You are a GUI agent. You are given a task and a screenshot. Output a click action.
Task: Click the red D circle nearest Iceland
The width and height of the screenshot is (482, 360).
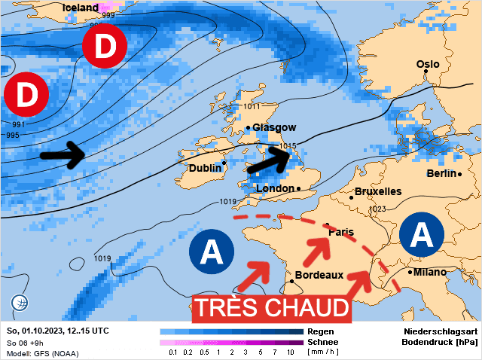point(105,47)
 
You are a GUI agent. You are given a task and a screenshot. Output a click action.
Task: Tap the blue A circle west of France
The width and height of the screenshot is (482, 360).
point(212,250)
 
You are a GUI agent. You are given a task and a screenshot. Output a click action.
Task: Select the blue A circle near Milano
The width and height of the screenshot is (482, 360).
point(424,235)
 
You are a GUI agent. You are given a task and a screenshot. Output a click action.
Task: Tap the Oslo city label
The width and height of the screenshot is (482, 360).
point(428,65)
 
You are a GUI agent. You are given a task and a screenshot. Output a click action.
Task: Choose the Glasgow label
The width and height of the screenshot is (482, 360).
point(275,127)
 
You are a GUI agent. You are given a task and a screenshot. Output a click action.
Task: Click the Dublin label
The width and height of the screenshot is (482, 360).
point(205,168)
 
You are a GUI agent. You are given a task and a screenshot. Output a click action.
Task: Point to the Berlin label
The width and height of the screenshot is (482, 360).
point(441,174)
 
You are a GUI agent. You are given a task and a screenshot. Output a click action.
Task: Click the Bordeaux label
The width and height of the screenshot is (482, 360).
point(319,275)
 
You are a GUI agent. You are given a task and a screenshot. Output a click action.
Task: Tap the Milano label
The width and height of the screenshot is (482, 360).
point(429,272)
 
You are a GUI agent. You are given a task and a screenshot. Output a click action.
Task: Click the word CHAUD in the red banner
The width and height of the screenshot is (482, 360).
point(305,308)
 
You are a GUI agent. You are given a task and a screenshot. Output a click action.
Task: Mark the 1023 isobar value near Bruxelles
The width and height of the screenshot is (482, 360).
point(377,209)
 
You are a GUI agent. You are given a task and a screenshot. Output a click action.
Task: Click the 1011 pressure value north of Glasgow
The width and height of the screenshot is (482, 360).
point(252,107)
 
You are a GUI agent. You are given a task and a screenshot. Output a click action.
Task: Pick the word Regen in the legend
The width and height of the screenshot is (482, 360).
point(321,331)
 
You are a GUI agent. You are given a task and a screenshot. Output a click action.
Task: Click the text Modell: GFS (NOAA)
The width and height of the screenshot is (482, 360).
point(43,353)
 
